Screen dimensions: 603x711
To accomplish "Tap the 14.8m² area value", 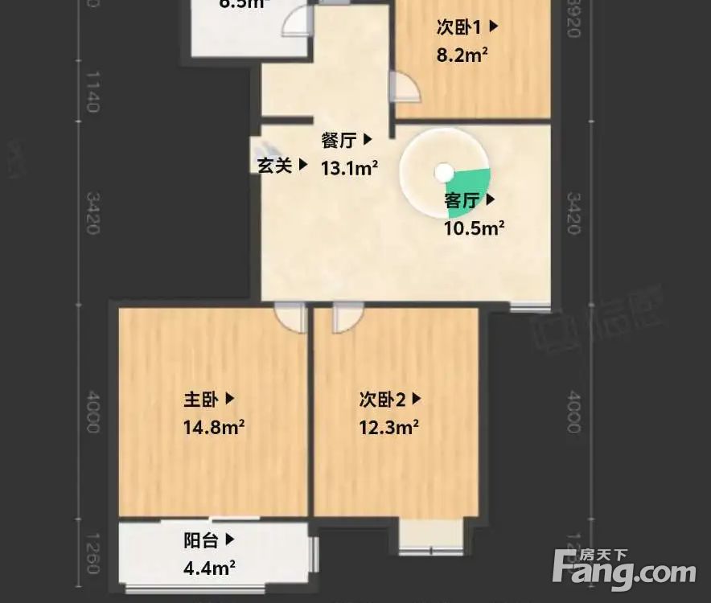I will coord(213,426).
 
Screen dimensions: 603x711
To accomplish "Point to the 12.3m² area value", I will coord(388,426).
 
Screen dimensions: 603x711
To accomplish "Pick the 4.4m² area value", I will coord(209,568).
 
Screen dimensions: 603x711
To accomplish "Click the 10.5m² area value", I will coord(474,228).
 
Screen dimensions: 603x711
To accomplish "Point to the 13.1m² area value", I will coord(350,168).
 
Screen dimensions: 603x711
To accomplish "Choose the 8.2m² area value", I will coord(462,55).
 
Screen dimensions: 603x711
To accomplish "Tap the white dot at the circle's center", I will coord(443,172).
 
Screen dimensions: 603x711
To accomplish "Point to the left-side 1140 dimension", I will coord(92,92).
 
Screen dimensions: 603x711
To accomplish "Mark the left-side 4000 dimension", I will coord(92,411).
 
